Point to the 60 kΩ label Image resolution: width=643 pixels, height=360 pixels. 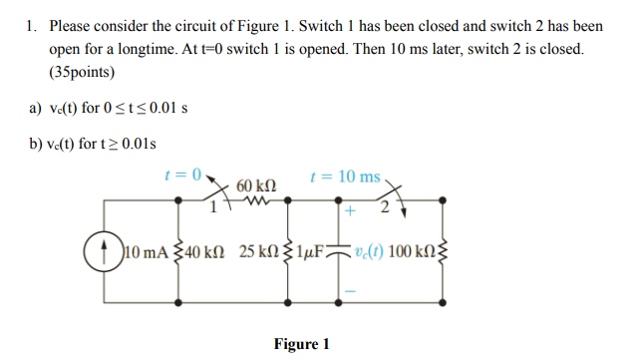click(256, 186)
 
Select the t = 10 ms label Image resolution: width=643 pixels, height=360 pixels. click(345, 177)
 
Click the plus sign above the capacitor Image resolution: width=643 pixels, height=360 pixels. click(351, 211)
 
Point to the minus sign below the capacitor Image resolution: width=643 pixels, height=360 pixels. click(351, 290)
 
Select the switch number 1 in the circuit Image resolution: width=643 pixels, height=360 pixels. click(212, 207)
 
